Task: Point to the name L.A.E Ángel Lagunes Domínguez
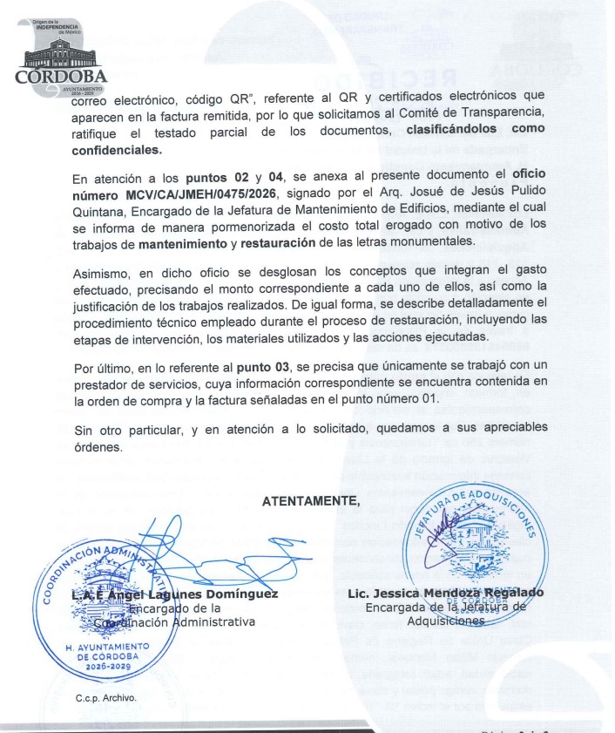pyautogui.click(x=174, y=594)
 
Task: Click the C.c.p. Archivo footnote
pyautogui.click(x=105, y=697)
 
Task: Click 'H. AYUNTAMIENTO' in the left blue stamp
pyautogui.click(x=109, y=646)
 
